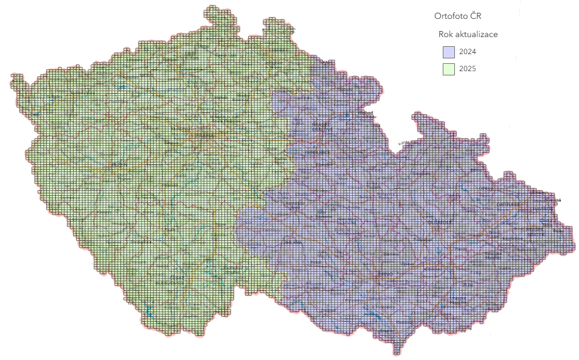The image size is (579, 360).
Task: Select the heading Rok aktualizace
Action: pos(468,34)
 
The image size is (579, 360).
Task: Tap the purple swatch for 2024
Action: pos(449,52)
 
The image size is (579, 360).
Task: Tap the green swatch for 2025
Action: pos(449,69)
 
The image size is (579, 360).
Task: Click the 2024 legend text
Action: pos(468,52)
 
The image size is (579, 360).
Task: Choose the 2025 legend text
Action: pos(468,69)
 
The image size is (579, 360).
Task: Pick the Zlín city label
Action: pos(467,284)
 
